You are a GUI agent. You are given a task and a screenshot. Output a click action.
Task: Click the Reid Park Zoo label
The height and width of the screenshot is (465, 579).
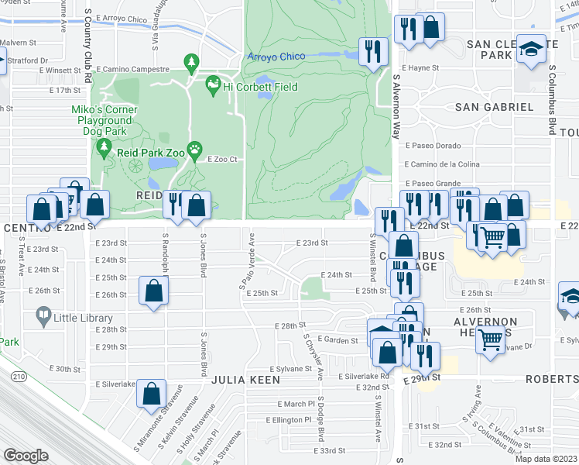coord(151,153)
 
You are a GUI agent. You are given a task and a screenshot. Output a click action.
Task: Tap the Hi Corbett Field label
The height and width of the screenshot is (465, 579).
coord(250,87)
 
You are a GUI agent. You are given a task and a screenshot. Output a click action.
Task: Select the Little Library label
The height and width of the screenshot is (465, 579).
coord(82,315)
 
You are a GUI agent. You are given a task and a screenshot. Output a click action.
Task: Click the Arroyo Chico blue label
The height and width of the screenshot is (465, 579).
coord(276,57)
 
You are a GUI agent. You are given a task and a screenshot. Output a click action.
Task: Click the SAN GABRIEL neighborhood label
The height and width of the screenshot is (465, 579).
coord(494,106)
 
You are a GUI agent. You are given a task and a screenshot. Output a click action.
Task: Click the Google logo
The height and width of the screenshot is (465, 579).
coord(26,455)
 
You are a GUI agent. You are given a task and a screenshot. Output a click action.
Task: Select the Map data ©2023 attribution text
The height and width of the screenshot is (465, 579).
coord(546,459)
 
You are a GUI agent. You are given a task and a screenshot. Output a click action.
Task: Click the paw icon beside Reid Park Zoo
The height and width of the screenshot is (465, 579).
coord(195,148)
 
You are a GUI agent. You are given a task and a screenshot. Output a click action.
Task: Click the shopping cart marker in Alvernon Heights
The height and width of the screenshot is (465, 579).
coord(491,338)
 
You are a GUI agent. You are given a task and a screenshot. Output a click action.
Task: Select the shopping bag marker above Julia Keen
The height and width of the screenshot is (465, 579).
coord(151,394)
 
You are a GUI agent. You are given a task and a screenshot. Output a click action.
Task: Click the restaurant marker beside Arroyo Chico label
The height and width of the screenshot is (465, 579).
coord(374,53)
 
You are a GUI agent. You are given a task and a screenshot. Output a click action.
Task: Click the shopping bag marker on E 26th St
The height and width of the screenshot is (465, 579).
coord(154,291)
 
